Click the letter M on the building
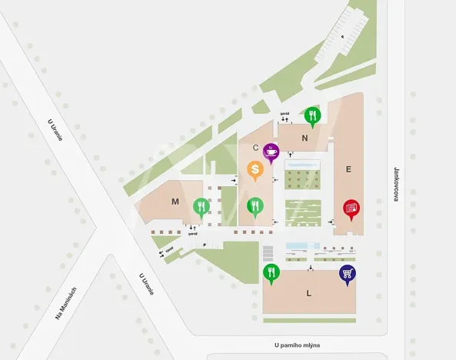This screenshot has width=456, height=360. pos(175,202)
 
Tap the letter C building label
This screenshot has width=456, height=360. pos(255,148)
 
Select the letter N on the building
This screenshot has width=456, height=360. pos(305,138)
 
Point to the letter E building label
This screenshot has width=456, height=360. pos(348,169)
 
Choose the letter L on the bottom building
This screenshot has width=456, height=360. pos(308,293)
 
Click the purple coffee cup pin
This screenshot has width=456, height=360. pos(271,152)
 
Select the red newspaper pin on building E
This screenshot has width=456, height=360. pos(351,208)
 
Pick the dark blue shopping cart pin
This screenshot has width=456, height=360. pos(347,274)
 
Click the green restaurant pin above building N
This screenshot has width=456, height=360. pos(311,116)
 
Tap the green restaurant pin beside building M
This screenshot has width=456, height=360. pos(201,207)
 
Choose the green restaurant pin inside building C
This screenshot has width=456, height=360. pos(255,207)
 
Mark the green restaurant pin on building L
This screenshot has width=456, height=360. pos(271,273)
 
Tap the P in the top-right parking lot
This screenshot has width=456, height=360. pos(343,36)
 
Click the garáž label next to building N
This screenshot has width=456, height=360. pos(283,115)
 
